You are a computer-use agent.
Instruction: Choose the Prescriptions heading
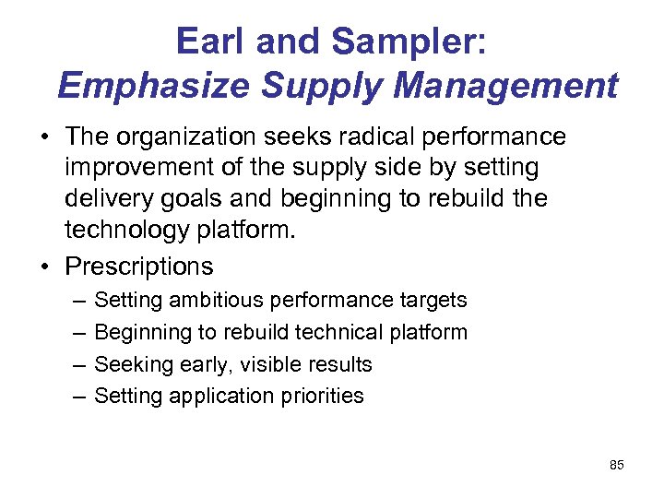pyautogui.click(x=139, y=267)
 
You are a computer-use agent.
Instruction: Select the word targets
pyautogui.click(x=434, y=301)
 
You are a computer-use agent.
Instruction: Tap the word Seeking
pyautogui.click(x=129, y=364)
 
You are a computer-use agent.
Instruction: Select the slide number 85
pyautogui.click(x=617, y=465)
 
